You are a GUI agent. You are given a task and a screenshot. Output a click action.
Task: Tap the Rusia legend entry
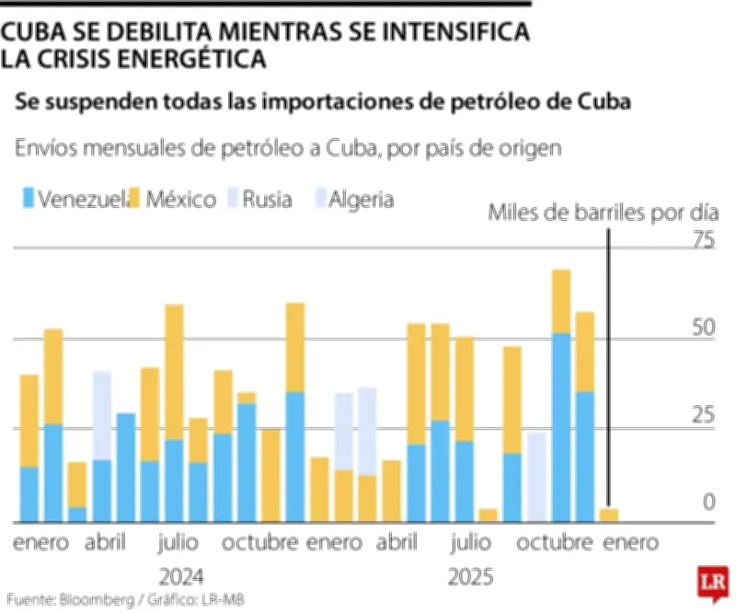[267, 199]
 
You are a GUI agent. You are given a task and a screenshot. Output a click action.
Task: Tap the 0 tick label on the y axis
[708, 502]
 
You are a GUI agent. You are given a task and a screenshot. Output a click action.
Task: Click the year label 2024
[181, 578]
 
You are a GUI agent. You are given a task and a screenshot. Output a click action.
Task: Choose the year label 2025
[470, 578]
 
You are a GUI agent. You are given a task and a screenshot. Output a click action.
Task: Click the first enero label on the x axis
[40, 543]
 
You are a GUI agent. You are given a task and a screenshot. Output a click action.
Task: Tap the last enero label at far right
[630, 543]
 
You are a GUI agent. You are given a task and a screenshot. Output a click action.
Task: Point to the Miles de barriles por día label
[602, 214]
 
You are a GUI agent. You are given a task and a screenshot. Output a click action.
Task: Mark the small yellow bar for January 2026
[608, 515]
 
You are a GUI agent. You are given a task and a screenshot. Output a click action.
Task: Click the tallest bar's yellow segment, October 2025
[561, 301]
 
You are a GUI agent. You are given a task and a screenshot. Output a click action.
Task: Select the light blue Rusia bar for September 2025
[536, 477]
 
